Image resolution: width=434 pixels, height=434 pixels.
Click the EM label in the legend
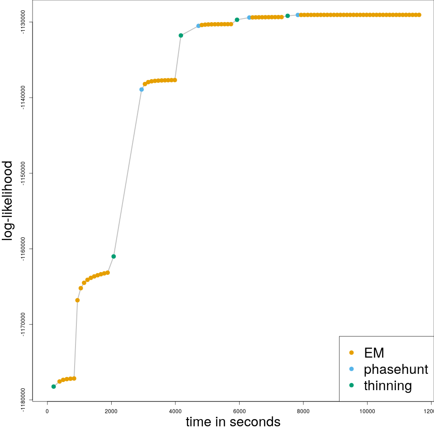point(374,353)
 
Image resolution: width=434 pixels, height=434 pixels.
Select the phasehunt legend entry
point(396,369)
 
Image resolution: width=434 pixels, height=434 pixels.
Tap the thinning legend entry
point(388,386)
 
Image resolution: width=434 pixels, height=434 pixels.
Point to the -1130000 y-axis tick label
point(24,22)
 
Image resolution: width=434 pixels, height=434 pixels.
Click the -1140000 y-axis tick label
point(24,98)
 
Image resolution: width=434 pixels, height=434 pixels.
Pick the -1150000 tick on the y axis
point(24,173)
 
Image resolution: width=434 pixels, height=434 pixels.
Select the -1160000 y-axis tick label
point(24,249)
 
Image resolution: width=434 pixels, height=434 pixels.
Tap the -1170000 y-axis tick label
point(24,324)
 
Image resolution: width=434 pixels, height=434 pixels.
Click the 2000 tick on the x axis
point(111,411)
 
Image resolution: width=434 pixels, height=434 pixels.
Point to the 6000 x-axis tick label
point(239,411)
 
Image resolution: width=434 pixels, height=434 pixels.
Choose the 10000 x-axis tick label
point(367,411)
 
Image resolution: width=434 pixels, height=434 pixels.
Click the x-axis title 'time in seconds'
point(233,422)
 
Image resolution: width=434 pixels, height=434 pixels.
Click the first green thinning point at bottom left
point(54,387)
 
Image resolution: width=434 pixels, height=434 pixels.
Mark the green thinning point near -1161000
point(113,256)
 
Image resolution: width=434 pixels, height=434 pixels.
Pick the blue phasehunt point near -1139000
point(142,90)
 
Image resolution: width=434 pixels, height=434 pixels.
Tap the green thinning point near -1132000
point(181,35)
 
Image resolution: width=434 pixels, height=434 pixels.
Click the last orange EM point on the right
point(419,15)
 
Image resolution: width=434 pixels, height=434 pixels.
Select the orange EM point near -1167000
point(77,300)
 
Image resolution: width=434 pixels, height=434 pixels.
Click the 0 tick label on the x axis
point(47,411)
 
